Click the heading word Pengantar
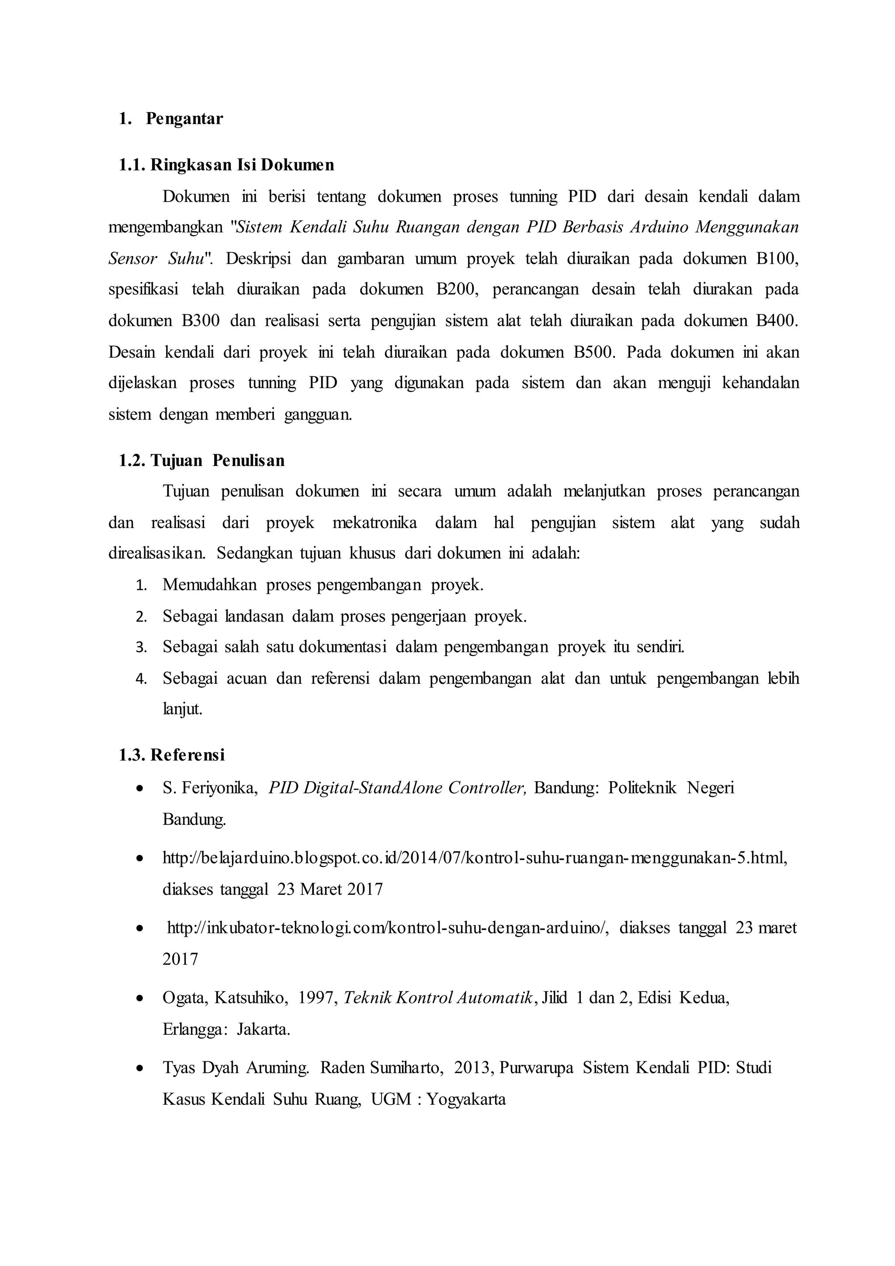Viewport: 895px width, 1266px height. click(x=184, y=119)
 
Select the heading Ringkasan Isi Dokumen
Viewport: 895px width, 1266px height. click(x=242, y=165)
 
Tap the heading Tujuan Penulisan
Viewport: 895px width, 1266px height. click(x=217, y=460)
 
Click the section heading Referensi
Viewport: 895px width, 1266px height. click(x=187, y=755)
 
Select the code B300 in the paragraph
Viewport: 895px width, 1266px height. click(x=201, y=321)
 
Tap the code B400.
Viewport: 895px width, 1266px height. click(x=777, y=321)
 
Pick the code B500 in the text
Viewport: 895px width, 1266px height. click(x=593, y=352)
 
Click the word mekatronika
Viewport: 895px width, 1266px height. click(x=375, y=523)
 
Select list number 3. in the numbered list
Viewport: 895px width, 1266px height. click(x=141, y=648)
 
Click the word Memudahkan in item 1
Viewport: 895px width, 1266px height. click(x=209, y=585)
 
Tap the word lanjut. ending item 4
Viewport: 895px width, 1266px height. click(x=182, y=710)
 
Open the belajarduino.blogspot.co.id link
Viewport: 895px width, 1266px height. click(x=474, y=858)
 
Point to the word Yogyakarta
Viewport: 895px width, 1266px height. click(x=466, y=1099)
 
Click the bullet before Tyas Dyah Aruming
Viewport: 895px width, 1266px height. click(x=141, y=1068)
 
